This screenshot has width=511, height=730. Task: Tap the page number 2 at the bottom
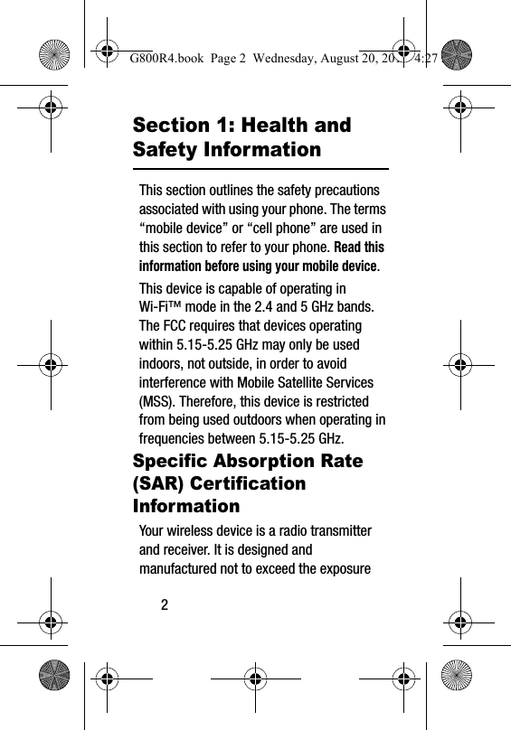[x=165, y=604]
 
